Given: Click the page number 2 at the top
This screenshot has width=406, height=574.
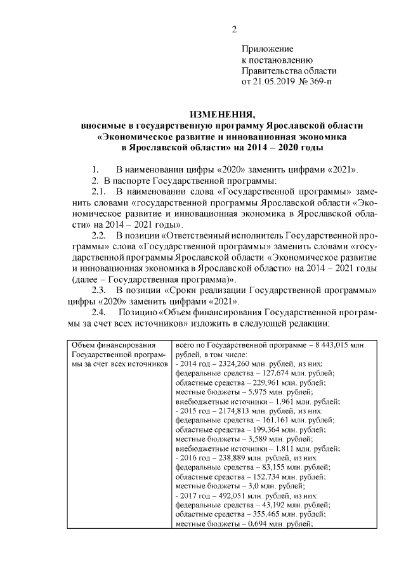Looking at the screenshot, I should coord(234,29).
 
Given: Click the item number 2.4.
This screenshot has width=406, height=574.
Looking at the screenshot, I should coord(100,313).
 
